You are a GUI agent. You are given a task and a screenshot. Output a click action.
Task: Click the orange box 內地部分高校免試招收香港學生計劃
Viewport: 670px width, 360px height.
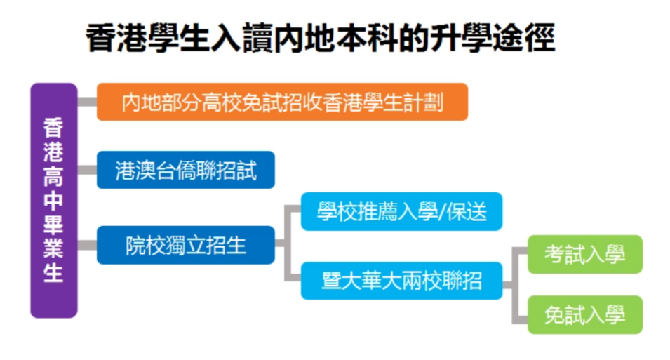283,102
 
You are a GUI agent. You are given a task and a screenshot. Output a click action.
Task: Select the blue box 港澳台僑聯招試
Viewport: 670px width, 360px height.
186,170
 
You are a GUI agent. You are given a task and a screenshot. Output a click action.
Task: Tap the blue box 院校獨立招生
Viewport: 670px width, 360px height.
186,245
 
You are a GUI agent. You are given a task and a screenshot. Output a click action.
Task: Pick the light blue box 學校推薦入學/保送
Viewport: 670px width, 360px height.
402,212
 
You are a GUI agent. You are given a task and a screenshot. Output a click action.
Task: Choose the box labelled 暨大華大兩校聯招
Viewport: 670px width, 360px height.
402,281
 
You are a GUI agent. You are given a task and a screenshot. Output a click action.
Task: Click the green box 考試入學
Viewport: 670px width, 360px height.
585,255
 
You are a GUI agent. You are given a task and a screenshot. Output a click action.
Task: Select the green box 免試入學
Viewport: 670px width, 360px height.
585,314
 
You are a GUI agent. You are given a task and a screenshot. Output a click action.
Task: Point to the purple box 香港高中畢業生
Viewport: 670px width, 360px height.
54,201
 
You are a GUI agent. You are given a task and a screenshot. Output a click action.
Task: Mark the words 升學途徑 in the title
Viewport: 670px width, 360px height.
493,38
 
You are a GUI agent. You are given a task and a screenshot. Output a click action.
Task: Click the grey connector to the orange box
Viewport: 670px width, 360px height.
87,102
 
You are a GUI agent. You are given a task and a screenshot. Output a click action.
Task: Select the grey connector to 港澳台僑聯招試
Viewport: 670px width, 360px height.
87,170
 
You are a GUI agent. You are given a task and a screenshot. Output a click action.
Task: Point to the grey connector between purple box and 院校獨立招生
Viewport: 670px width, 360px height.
87,245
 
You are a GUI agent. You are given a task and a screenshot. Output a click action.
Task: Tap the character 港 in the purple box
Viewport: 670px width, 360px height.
53,152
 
